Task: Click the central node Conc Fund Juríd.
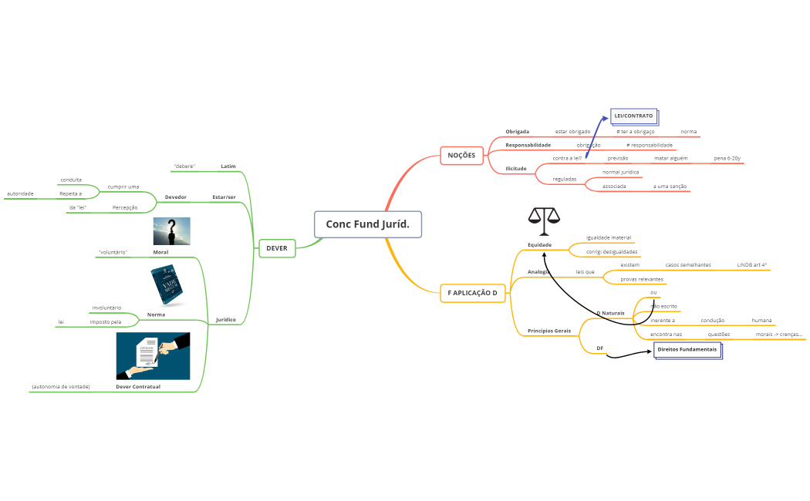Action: [x=368, y=224]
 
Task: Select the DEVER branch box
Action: [x=276, y=248]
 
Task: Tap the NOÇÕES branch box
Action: [x=462, y=156]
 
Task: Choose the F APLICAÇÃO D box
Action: [x=472, y=293]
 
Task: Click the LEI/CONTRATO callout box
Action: [x=633, y=116]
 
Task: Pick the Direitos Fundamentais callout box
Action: [x=687, y=350]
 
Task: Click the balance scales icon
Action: [x=544, y=221]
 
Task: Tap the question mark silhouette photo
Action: [x=171, y=231]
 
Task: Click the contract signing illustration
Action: [x=153, y=355]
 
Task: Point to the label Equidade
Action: [x=539, y=245]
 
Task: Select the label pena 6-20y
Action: [x=727, y=158]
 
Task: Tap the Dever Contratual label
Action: [x=138, y=386]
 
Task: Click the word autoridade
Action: [x=21, y=193]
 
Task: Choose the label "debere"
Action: [x=184, y=166]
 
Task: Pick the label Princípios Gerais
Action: [x=549, y=331]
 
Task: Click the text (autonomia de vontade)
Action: [x=61, y=386]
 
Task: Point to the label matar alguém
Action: [x=670, y=158]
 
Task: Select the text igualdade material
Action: [x=609, y=237]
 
